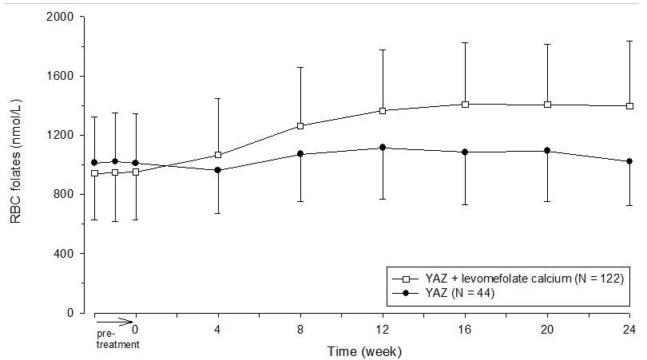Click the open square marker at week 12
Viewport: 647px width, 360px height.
(x=383, y=110)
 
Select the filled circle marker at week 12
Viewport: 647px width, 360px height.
(x=383, y=148)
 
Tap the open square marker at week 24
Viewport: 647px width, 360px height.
(x=629, y=106)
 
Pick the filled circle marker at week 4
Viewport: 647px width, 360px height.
(x=218, y=170)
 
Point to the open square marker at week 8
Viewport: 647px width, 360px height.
(x=300, y=126)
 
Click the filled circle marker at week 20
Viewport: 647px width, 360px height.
(x=547, y=150)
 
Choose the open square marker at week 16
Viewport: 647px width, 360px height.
(x=465, y=104)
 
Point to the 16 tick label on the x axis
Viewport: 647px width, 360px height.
(x=465, y=328)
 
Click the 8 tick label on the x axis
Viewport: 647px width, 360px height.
(x=300, y=328)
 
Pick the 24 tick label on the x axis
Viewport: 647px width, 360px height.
(x=629, y=328)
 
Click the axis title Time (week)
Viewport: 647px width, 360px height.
(x=363, y=350)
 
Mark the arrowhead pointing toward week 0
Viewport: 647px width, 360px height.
(x=129, y=322)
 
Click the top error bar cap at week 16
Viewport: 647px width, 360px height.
(x=465, y=42)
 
